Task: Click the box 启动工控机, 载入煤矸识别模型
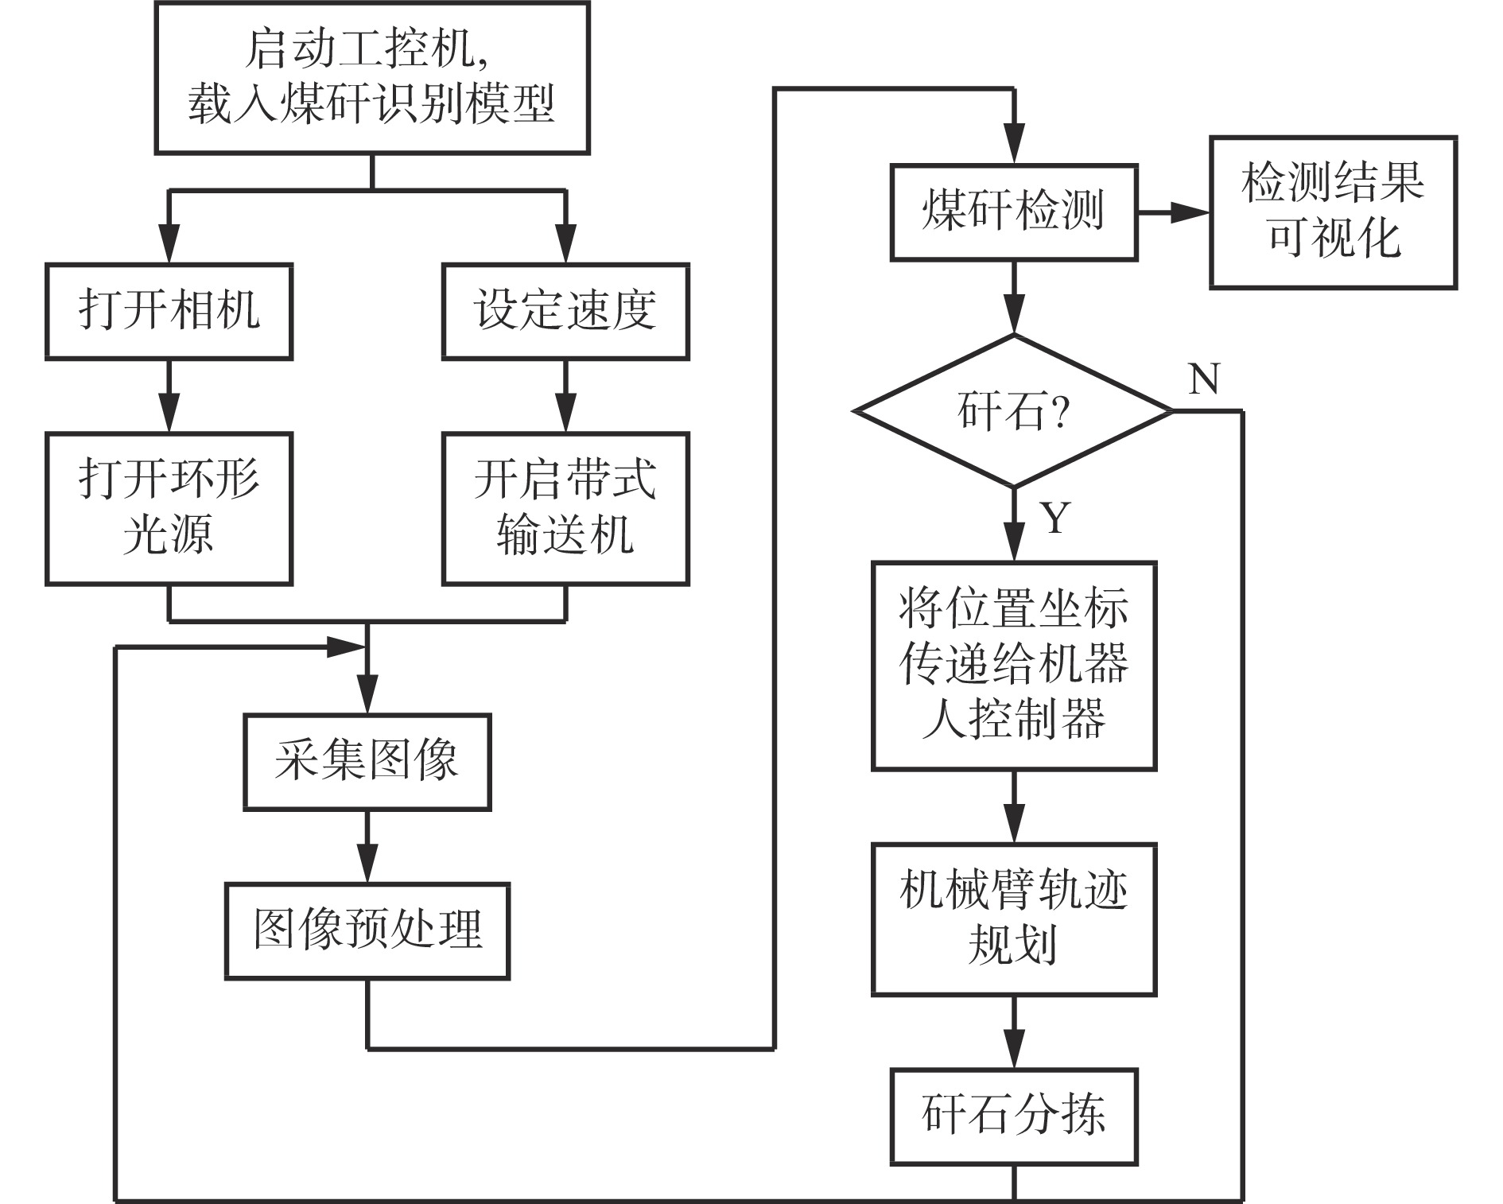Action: coord(371,77)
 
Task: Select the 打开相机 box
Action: coord(169,311)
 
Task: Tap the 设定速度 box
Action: coord(565,311)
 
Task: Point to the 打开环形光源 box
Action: coord(169,508)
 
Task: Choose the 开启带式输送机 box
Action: coord(565,508)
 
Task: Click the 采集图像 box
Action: coord(367,761)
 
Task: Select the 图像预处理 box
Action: coord(367,930)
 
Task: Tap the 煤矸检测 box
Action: coord(1013,212)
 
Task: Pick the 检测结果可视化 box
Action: coord(1333,212)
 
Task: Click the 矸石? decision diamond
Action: coord(1013,411)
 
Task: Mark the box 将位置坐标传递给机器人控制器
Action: coord(1013,666)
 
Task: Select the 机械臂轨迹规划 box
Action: coord(1013,919)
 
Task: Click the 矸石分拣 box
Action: coord(1013,1116)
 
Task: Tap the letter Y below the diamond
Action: coord(1054,518)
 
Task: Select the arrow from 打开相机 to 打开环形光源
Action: coord(169,396)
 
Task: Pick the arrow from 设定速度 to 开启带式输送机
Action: coord(565,396)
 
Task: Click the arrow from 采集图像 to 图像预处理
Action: coord(367,846)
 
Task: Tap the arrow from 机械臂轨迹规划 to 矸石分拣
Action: coord(1013,1032)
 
